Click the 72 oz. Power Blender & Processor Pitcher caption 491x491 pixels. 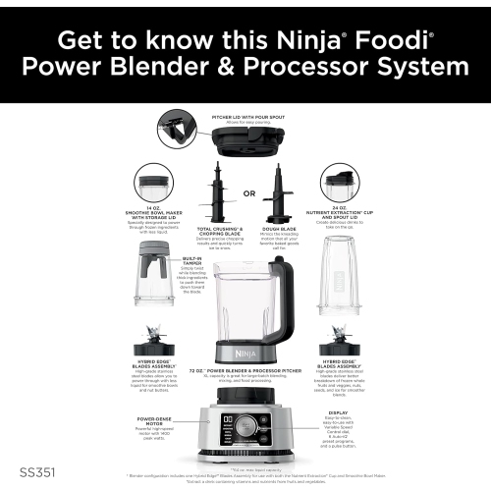pyautogui.click(x=245, y=376)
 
